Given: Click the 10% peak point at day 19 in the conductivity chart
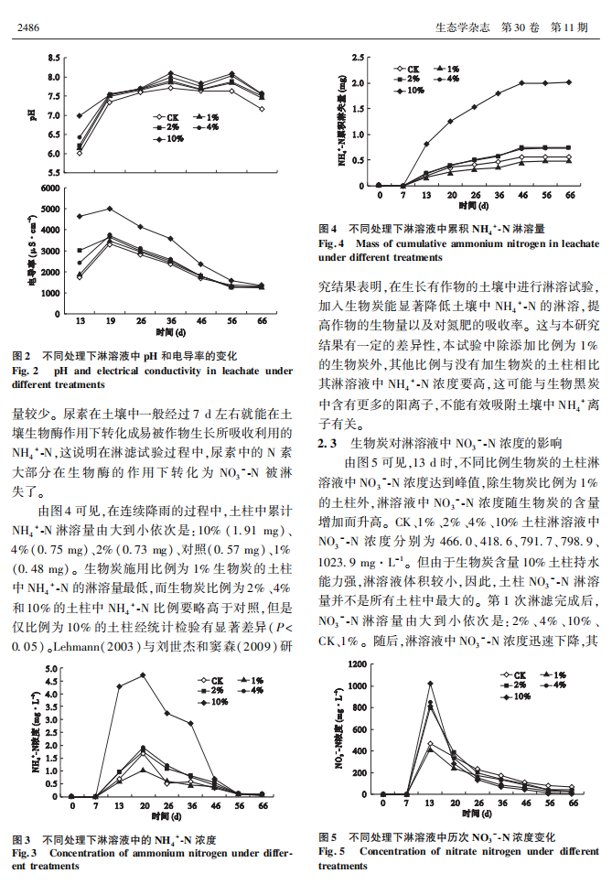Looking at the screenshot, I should (110, 209).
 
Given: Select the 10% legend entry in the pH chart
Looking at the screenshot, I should (173, 139).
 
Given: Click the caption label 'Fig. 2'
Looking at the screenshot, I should (25, 372).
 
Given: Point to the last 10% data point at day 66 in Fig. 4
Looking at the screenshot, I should (569, 82).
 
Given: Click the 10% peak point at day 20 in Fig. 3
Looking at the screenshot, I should (143, 675).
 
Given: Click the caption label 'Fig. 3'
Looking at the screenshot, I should (25, 853).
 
